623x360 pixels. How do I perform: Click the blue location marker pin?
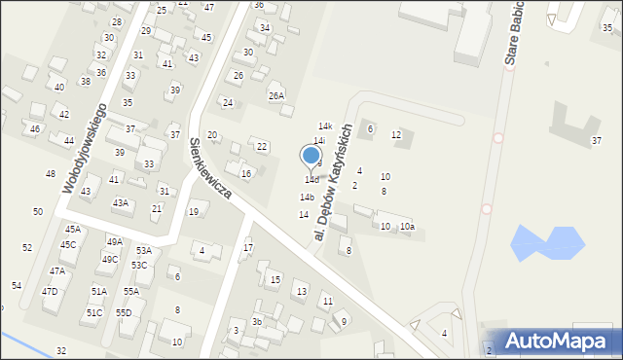[x=311, y=157]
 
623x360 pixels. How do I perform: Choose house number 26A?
[x=276, y=95]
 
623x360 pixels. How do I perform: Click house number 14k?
[x=325, y=126]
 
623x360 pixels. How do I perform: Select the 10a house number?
[x=407, y=227]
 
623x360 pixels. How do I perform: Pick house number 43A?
[x=120, y=202]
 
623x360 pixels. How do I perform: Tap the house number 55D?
[x=124, y=312]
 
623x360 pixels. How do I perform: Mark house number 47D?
[x=50, y=292]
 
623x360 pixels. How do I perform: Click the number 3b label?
[x=257, y=321]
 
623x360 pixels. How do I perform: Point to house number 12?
[x=396, y=134]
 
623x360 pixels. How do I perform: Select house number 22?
[x=262, y=146]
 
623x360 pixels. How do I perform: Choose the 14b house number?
[x=307, y=197]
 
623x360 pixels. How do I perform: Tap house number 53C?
[x=139, y=265]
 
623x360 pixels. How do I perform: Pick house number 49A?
[x=114, y=241]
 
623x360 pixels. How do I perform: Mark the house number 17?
[x=248, y=248]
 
